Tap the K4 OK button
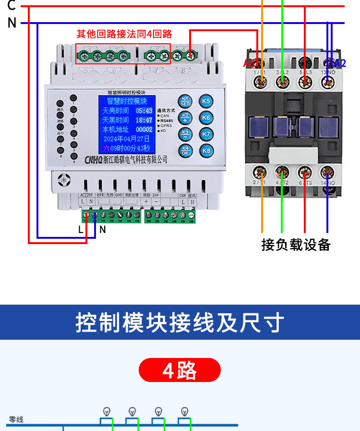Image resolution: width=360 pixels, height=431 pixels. pos(185,150)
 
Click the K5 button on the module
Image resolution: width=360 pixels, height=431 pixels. pos(206,101)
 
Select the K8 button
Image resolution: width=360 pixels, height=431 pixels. pos(206,151)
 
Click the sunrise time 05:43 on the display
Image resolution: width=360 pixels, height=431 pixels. pos(144,111)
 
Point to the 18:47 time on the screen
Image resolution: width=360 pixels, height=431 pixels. pos(144,120)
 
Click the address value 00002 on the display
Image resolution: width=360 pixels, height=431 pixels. pos(144,129)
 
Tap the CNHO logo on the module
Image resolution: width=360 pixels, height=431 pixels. pos(93,159)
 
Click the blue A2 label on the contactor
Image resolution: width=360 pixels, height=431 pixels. pos(336,63)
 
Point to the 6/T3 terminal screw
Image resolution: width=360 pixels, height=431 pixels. pos(304,172)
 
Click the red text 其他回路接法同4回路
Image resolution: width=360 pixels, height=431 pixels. pos(124,34)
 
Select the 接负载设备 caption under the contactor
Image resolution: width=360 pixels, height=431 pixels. pos(296,244)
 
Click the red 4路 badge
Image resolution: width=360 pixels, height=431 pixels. pos(180,370)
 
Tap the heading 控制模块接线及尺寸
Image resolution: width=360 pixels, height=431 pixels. pos(180,322)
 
